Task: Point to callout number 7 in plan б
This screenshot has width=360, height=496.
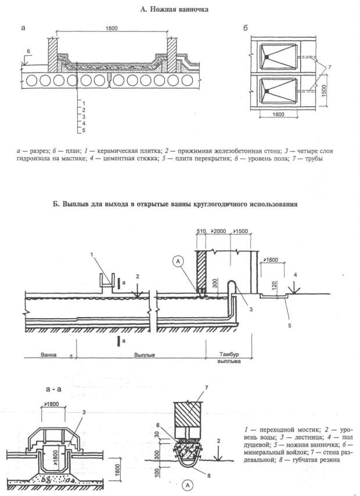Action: point(330,67)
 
